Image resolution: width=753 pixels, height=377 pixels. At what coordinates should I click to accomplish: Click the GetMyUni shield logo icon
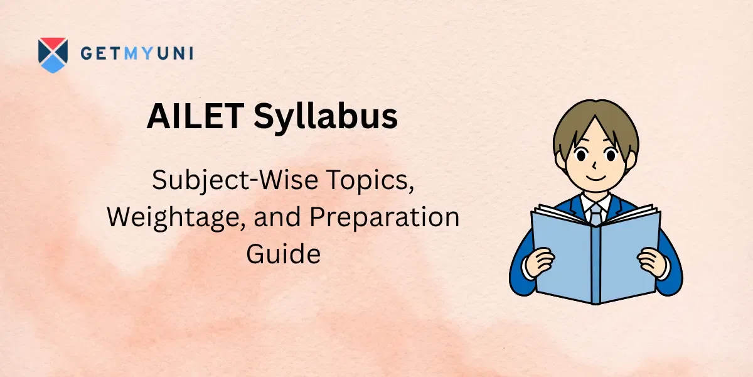coord(52,55)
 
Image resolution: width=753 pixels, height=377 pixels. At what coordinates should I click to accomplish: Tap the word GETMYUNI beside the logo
coord(136,54)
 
